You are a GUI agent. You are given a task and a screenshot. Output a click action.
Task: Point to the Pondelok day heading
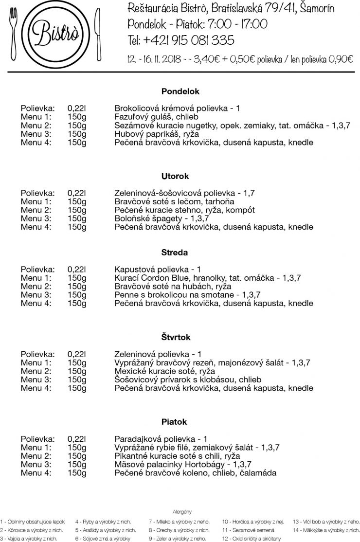[180, 91]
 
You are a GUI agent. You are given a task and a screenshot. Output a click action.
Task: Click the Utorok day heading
[175, 176]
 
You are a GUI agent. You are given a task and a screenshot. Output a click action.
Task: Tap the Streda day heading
[175, 253]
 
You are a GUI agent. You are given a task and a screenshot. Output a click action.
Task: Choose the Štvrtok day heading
[176, 337]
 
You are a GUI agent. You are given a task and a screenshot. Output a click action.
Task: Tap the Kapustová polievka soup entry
[158, 270]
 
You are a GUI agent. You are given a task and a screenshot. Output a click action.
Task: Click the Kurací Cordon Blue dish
[208, 278]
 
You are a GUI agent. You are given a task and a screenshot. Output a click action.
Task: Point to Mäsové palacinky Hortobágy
[182, 464]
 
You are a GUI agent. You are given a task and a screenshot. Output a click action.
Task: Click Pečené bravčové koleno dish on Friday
[195, 472]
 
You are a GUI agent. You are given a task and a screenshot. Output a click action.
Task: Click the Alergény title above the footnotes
[182, 511]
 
